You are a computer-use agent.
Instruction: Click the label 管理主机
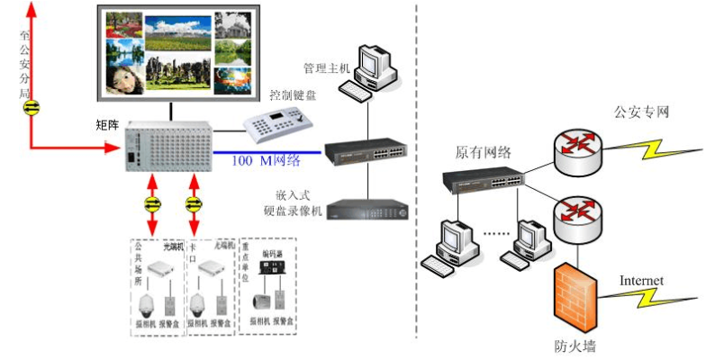coord(326,67)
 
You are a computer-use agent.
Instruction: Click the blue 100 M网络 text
coord(266,161)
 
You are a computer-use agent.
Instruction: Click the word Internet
coord(641,281)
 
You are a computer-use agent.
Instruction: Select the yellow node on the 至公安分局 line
coord(32,107)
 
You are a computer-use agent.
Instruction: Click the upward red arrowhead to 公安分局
coord(32,9)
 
